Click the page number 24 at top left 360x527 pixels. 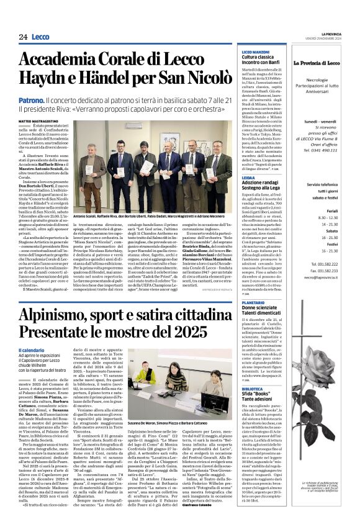[x=23, y=37]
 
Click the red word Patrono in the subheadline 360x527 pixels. [x=30, y=99]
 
